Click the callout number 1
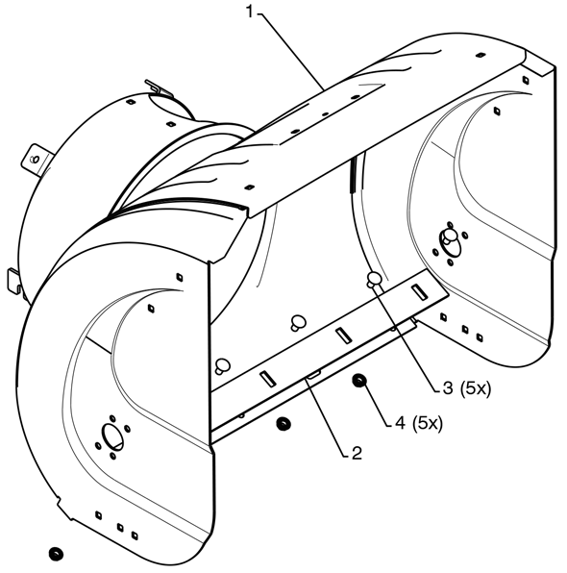(x=250, y=12)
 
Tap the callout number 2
(x=357, y=453)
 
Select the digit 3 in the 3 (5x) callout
(x=448, y=388)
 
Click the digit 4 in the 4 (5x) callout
(x=401, y=423)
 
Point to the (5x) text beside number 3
(x=475, y=388)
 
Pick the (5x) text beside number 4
(x=428, y=424)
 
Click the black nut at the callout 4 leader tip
(x=359, y=381)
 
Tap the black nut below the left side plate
(x=56, y=553)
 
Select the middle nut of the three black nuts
(x=283, y=424)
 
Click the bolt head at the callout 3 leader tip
(x=374, y=279)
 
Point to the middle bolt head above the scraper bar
(x=298, y=322)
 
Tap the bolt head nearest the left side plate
(x=221, y=365)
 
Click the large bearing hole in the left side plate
(x=112, y=437)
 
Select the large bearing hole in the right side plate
(x=450, y=242)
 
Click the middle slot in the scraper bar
(x=344, y=336)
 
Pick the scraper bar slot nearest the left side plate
(x=268, y=379)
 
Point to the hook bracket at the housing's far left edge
(x=13, y=280)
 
